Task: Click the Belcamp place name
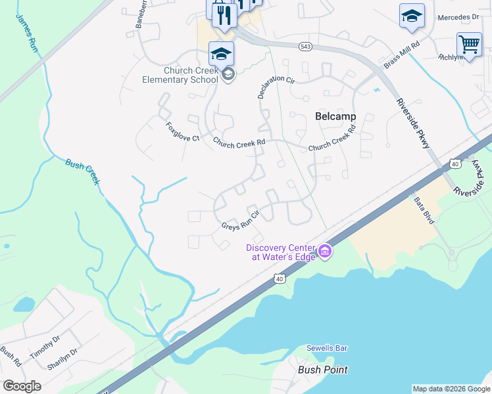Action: coord(335,116)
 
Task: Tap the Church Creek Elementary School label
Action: coord(180,76)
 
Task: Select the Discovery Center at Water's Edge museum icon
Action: coord(324,251)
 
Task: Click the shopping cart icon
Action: coord(468,44)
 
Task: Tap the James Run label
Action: coord(27,32)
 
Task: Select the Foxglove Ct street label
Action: coord(182,131)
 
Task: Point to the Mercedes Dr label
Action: coord(458,18)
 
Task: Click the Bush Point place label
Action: coord(322,370)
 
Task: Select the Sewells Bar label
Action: coord(326,348)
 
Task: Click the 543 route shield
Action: coord(305,46)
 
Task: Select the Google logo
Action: coord(22,385)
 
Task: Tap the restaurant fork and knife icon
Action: coord(224,14)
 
